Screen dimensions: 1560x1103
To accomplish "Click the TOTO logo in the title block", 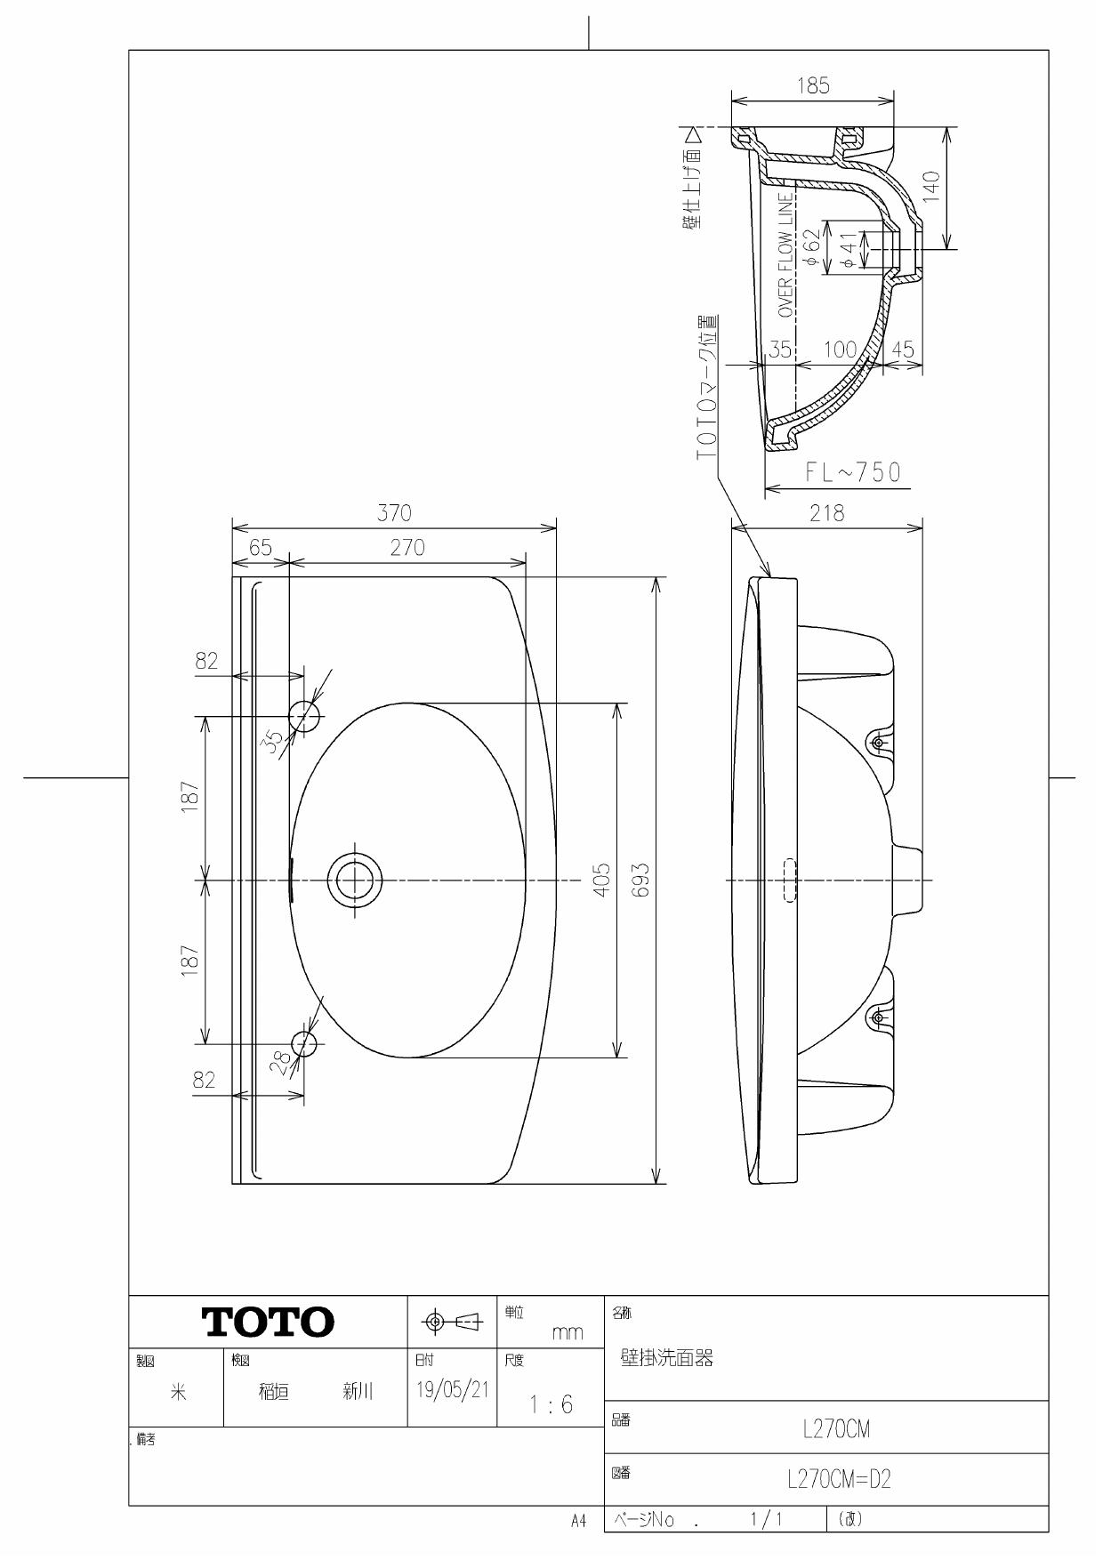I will (x=269, y=1322).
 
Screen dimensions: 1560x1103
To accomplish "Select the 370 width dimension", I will (x=394, y=513).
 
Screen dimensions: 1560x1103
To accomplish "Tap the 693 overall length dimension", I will (x=641, y=881).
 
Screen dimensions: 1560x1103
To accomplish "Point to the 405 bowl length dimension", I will (x=602, y=881).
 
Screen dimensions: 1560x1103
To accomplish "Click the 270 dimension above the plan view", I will (x=407, y=548).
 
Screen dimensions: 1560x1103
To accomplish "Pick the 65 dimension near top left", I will (x=261, y=548).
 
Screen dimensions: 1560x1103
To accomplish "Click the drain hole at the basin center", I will (x=354, y=881).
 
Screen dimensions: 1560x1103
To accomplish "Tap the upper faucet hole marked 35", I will (x=303, y=716).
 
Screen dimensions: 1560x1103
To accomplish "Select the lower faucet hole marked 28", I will (x=304, y=1043).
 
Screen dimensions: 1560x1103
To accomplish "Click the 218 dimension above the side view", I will (x=826, y=513).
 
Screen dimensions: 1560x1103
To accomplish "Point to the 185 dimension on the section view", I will (x=813, y=86).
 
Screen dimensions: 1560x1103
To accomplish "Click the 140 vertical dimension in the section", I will (x=931, y=188).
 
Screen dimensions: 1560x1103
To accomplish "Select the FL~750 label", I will (x=852, y=472).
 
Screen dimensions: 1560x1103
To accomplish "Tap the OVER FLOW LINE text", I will (x=785, y=255).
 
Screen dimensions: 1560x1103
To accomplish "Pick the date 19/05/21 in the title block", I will (x=452, y=1390).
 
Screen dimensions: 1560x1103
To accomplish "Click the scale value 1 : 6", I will (x=551, y=1404).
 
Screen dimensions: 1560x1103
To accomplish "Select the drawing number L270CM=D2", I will (x=838, y=1479).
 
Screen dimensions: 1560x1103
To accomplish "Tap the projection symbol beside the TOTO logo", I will (x=453, y=1323).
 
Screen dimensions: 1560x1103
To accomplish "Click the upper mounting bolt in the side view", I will (x=878, y=743).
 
